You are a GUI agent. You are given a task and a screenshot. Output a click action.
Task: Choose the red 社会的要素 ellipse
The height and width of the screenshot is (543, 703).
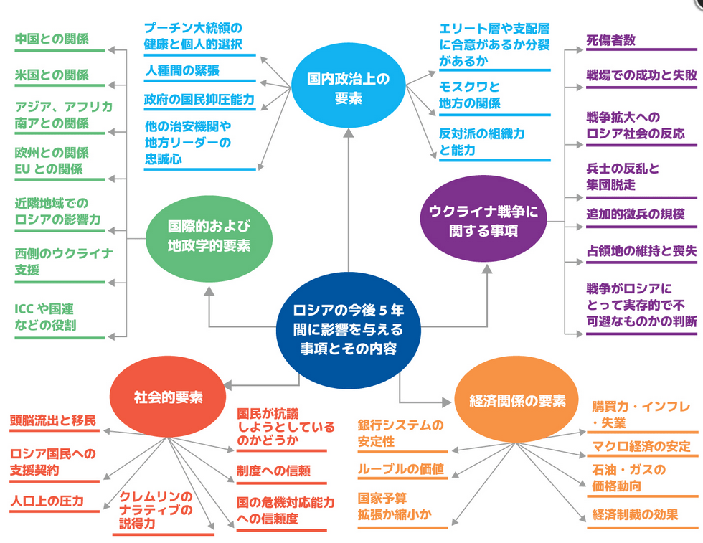tap(168, 396)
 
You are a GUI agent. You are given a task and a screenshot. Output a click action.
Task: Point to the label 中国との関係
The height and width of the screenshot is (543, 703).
tap(52, 39)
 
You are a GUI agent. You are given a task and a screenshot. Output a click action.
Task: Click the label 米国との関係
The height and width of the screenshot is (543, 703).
tap(52, 75)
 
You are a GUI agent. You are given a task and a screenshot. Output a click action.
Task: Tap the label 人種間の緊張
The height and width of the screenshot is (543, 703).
tap(182, 70)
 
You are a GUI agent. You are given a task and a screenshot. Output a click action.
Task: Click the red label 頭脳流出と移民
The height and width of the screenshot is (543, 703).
tap(52, 420)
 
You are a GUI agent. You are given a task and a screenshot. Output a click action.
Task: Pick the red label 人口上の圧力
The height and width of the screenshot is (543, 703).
tap(47, 501)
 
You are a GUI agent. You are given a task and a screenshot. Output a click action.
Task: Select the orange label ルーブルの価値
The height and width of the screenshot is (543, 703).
tap(401, 470)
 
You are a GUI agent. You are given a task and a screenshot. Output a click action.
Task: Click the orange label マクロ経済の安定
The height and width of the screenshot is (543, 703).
tap(641, 447)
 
